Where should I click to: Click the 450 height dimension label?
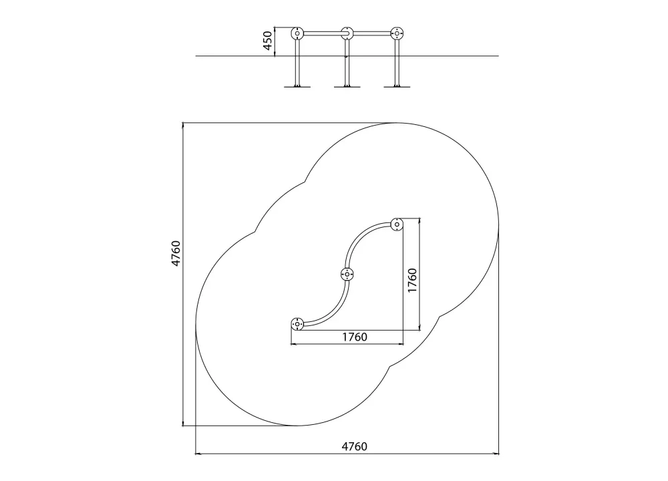click(268, 41)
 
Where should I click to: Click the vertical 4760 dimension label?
click(176, 253)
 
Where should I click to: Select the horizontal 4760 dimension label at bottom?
click(355, 446)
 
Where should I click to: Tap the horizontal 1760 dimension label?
click(355, 337)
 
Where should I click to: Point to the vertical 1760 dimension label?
click(412, 281)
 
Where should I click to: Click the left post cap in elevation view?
click(297, 33)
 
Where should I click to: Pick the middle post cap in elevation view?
click(347, 33)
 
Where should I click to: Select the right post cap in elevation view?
click(397, 33)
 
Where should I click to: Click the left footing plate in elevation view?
click(297, 86)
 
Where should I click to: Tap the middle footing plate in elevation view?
click(347, 86)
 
